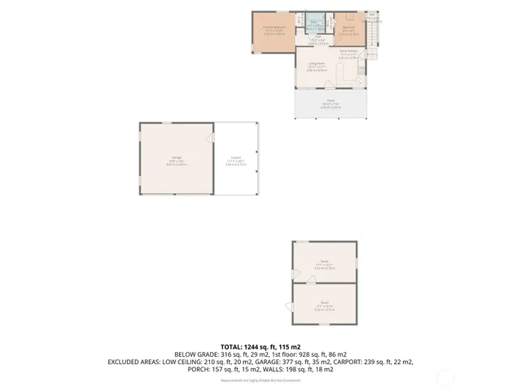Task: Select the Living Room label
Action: tap(317, 66)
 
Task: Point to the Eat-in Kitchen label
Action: tap(348, 54)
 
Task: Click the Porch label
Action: tap(331, 103)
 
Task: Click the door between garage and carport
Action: tap(211, 140)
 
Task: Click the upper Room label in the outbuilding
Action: tap(324, 262)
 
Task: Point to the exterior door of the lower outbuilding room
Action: tap(289, 306)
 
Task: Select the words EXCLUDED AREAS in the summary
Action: tap(133, 362)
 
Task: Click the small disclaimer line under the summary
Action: tap(260, 380)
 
